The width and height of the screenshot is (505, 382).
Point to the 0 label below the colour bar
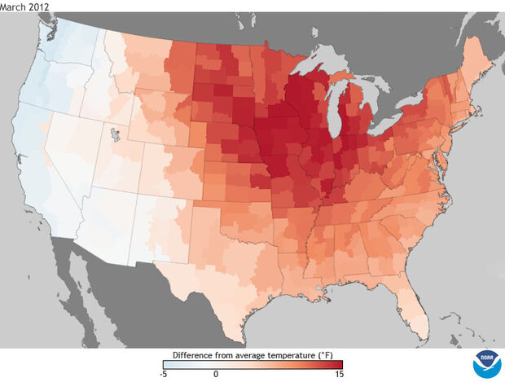(x=216, y=373)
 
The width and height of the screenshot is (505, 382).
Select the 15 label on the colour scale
(x=338, y=373)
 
